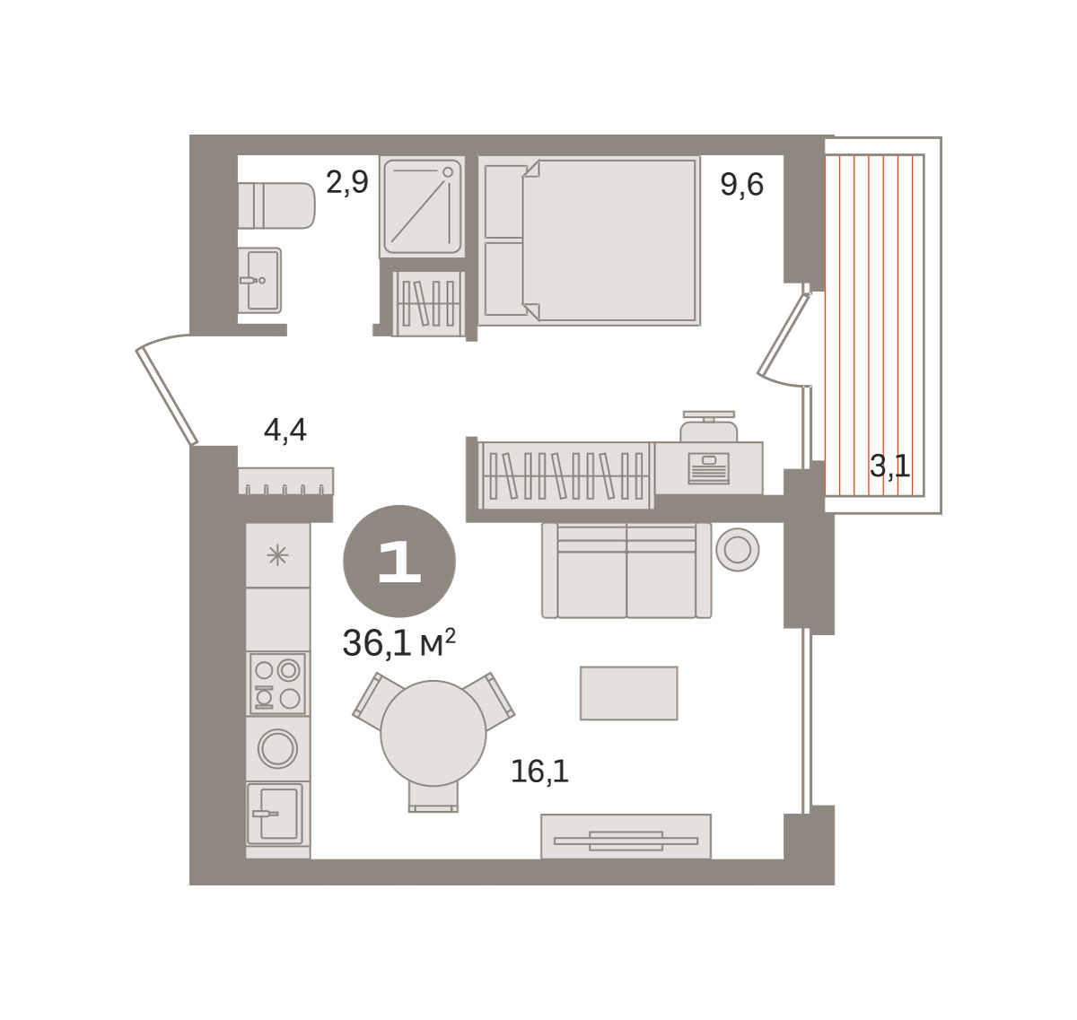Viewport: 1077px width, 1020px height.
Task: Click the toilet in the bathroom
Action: click(x=276, y=205)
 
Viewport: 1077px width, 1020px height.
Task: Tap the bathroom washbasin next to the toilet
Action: click(x=259, y=281)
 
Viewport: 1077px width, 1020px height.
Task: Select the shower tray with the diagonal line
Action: click(x=422, y=206)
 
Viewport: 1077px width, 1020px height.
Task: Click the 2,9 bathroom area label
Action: click(x=347, y=183)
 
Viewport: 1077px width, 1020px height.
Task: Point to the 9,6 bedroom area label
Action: click(x=741, y=185)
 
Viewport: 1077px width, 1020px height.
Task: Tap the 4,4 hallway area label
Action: click(x=285, y=430)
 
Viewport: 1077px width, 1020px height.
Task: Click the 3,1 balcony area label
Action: click(x=889, y=466)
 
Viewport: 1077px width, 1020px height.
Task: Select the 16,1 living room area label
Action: click(x=539, y=772)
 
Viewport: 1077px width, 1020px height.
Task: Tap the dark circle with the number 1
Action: click(x=399, y=561)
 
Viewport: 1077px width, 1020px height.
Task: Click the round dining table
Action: click(x=433, y=734)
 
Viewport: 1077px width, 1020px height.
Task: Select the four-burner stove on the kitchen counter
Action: click(x=277, y=684)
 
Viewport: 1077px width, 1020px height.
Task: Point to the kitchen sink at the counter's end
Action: click(x=275, y=814)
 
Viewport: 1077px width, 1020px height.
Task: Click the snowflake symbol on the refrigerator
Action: click(x=277, y=556)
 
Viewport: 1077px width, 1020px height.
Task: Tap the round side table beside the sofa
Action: click(x=738, y=549)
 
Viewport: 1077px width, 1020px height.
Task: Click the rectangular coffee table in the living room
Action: click(x=629, y=693)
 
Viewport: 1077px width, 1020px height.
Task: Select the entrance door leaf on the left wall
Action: click(x=167, y=396)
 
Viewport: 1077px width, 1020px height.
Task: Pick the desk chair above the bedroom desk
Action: click(x=709, y=426)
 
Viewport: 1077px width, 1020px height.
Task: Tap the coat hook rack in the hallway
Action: click(x=286, y=482)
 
